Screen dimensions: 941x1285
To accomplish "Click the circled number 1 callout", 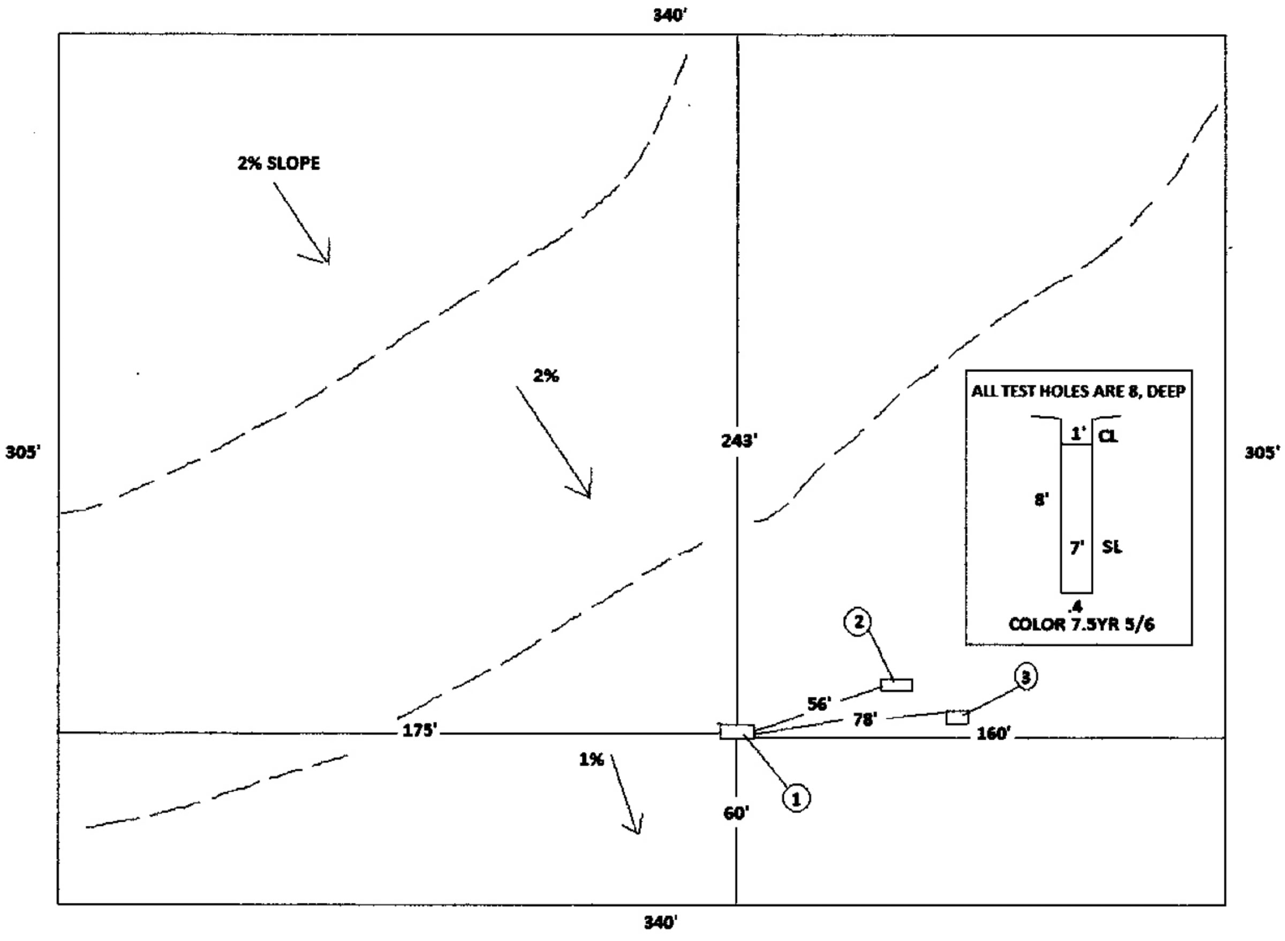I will (796, 799).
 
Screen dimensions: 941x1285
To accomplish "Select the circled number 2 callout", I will (858, 622).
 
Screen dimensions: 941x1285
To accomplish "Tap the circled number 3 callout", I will (1026, 677).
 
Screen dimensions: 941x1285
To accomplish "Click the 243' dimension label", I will (739, 441).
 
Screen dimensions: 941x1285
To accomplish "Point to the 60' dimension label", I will (736, 814).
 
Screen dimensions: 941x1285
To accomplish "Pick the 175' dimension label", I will (419, 731).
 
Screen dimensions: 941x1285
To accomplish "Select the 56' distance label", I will (819, 704).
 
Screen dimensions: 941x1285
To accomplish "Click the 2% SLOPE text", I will (278, 163).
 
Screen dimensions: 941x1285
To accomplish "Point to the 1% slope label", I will (591, 760).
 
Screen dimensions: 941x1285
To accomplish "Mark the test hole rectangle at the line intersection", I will (737, 731).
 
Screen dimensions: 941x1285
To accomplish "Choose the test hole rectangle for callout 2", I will (896, 685).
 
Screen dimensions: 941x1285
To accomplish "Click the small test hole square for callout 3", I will (957, 717).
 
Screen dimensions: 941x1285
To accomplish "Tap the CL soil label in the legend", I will (1108, 436).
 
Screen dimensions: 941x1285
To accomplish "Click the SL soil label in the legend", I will (1111, 547).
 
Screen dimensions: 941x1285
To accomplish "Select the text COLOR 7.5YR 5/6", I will (1081, 624).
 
